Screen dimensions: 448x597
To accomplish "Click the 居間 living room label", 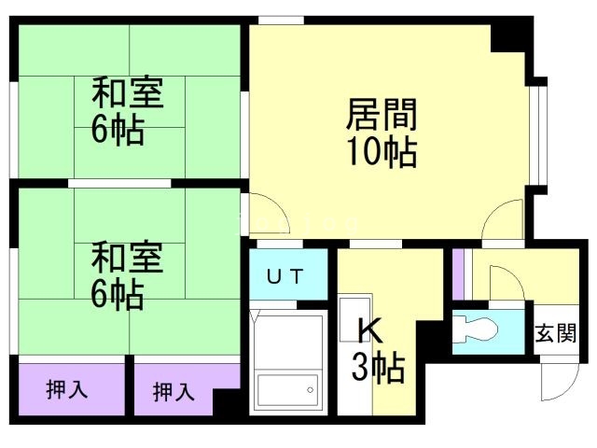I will (x=382, y=116).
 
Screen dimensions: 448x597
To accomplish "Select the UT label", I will (x=287, y=275).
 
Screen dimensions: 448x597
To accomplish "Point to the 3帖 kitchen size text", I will (x=378, y=369).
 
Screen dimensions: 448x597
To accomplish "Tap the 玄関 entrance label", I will (x=555, y=333).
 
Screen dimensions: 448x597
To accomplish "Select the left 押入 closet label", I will (x=67, y=389).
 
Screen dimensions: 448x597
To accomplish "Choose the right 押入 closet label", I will (x=174, y=391).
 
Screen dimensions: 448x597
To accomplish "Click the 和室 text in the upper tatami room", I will (x=128, y=94).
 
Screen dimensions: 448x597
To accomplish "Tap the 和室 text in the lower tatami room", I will (x=128, y=258).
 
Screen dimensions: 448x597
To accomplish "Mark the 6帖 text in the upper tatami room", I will (x=118, y=131).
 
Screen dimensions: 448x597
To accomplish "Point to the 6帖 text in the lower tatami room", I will (x=118, y=294).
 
